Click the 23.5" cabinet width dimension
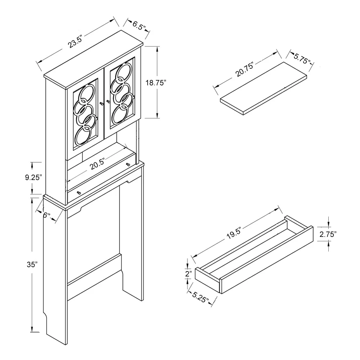[x=75, y=41]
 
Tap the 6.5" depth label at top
[x=139, y=26]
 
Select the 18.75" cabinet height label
[x=156, y=83]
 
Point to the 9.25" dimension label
[x=33, y=177]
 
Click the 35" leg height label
[x=32, y=265]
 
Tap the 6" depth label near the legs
[x=46, y=215]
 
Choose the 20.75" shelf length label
[x=244, y=69]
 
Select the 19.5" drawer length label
[x=234, y=233]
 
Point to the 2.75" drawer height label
[x=328, y=234]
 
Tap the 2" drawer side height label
[x=189, y=274]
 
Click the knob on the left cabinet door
[x=102, y=104]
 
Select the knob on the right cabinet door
[x=108, y=101]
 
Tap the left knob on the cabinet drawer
[x=79, y=193]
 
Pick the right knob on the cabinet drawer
[x=128, y=165]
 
